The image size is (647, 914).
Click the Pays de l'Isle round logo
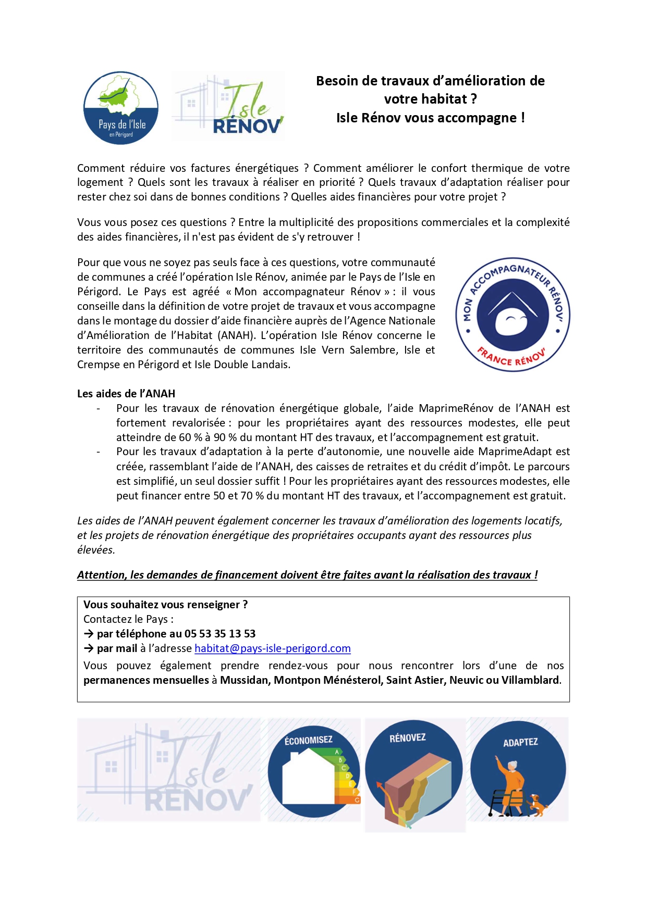coord(121,108)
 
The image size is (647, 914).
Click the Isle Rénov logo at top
coord(228,107)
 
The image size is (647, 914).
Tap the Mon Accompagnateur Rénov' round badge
coord(512,315)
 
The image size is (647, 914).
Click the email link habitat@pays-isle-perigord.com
coord(272,648)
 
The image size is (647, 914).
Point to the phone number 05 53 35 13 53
coord(220,634)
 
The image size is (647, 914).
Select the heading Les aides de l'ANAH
coord(126,394)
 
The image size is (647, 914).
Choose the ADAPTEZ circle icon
coord(518,769)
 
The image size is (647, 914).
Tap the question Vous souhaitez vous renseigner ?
coord(165,605)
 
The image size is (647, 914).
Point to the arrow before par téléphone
coord(89,634)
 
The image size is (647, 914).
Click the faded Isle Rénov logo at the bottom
coord(168,770)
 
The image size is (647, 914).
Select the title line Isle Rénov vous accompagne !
coord(430,118)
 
